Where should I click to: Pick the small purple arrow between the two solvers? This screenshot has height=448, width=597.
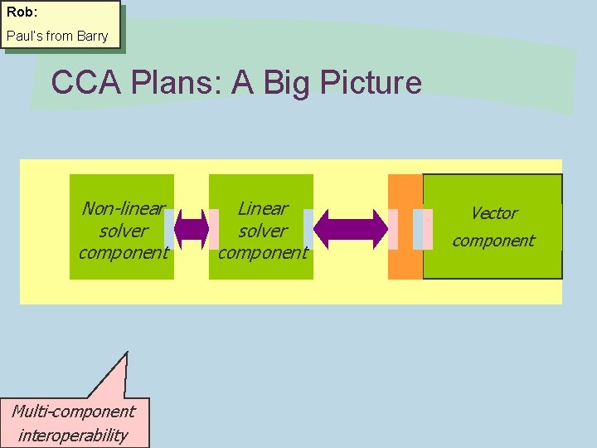[192, 230]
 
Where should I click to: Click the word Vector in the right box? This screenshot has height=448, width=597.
[494, 213]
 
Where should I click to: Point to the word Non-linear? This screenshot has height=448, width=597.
[124, 208]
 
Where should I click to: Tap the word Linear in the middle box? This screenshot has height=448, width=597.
[263, 208]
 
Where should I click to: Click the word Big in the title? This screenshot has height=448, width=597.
[291, 83]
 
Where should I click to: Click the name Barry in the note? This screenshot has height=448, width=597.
[91, 37]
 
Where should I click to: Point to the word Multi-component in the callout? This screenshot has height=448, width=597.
[73, 411]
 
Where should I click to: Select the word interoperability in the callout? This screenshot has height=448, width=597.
[73, 435]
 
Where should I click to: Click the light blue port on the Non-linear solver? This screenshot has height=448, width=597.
[169, 230]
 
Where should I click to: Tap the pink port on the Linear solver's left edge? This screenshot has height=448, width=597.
[213, 230]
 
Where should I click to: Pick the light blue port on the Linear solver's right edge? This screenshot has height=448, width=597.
[308, 230]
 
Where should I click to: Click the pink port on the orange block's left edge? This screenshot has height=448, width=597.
[393, 230]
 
